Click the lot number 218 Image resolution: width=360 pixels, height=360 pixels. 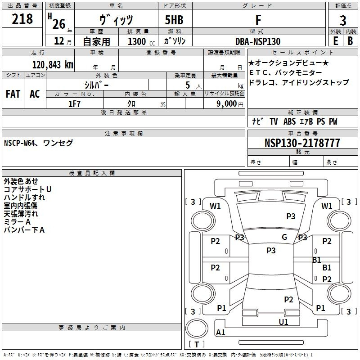click(x=22, y=19)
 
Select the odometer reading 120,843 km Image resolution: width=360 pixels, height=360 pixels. click(x=53, y=65)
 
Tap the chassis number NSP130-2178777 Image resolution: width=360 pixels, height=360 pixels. click(x=302, y=143)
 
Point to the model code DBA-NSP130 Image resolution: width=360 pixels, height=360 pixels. click(x=257, y=41)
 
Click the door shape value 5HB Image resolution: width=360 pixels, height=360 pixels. click(x=174, y=20)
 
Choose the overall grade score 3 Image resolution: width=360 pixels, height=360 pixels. click(x=343, y=21)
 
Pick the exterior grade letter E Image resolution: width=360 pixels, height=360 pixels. click(x=336, y=41)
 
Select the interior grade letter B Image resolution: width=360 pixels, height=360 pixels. click(x=350, y=41)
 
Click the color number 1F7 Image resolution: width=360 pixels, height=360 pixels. click(x=74, y=104)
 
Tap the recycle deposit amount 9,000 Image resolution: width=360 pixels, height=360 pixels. click(x=226, y=104)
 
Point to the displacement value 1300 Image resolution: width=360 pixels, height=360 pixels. click(x=137, y=41)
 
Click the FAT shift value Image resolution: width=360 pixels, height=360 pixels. click(x=13, y=94)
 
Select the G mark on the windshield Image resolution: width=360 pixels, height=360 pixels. click(x=284, y=237)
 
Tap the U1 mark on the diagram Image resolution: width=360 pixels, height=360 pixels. click(x=283, y=322)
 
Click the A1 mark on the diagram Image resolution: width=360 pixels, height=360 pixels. click(x=220, y=332)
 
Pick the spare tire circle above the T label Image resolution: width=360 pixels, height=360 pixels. click(x=197, y=328)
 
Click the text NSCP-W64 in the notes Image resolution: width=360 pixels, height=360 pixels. click(x=19, y=143)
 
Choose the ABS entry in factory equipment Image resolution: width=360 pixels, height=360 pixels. click(x=289, y=121)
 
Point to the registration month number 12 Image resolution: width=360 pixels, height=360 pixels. click(x=59, y=41)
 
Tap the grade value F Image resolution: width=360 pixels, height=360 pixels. click(x=258, y=20)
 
